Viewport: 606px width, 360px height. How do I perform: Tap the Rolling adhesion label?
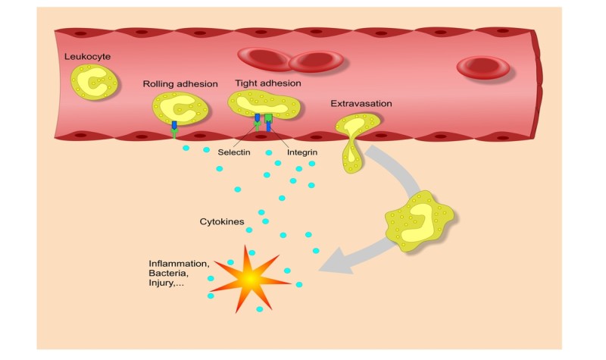coord(180,83)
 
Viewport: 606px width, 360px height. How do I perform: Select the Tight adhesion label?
coord(268,83)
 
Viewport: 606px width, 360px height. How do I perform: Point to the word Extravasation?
coord(361,103)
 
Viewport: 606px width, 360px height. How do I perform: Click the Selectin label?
coord(234,152)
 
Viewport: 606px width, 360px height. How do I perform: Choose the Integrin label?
coord(301,152)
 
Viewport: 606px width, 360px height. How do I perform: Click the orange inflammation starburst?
coord(250,280)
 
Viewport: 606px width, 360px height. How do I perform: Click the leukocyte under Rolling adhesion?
coord(180,108)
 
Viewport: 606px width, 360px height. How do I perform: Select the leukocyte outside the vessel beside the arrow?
coord(419,222)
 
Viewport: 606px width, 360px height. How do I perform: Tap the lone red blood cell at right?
coord(483,67)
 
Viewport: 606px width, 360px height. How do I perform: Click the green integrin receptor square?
coord(268,118)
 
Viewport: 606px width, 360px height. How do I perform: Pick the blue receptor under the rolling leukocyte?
coord(174,125)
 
